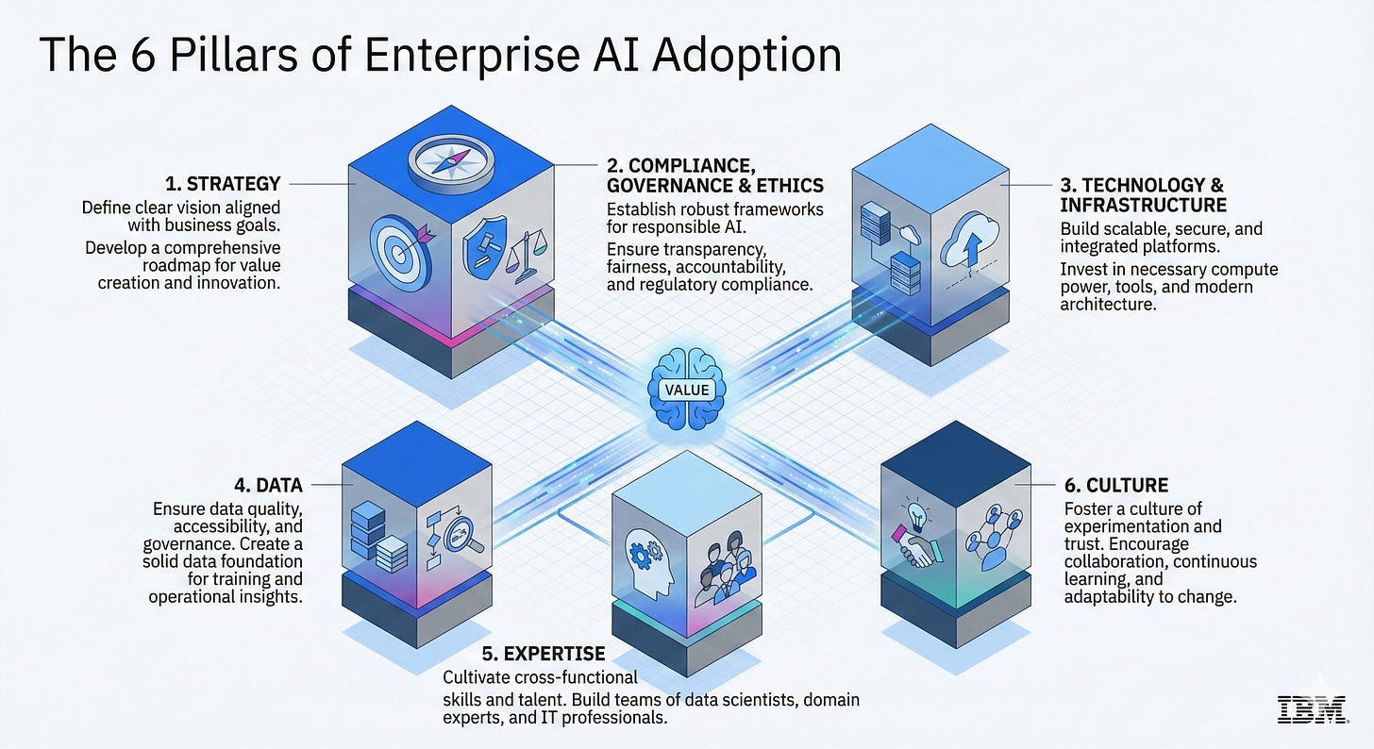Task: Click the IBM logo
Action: (1312, 709)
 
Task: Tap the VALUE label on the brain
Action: (687, 390)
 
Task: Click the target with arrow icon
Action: (402, 251)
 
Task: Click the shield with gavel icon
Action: (485, 248)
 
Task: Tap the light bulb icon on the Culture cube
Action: (916, 516)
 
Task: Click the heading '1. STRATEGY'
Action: (223, 184)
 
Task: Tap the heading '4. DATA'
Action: (269, 486)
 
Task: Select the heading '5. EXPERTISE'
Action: (544, 654)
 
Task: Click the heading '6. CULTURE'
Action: (1116, 486)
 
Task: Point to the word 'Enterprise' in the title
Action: (472, 56)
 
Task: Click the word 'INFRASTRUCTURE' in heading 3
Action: (1144, 205)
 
